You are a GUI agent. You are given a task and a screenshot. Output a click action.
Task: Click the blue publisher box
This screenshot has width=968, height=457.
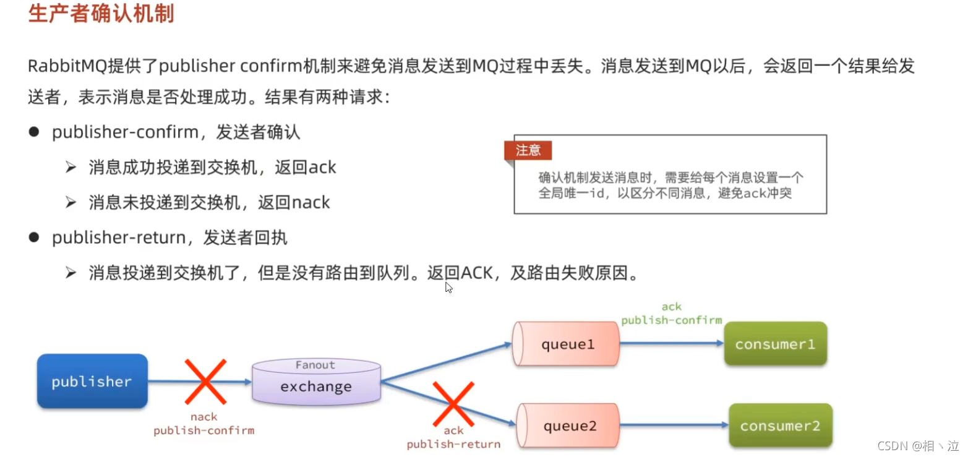point(92,382)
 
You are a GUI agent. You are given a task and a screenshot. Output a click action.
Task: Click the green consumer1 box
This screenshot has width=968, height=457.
point(775,344)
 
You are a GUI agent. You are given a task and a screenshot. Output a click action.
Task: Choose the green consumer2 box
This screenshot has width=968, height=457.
point(779,425)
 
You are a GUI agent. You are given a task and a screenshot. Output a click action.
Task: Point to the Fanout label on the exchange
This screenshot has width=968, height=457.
point(315,365)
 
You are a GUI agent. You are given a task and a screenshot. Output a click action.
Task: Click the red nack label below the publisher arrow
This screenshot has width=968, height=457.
point(203,417)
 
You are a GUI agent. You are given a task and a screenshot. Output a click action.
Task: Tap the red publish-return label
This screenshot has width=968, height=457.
point(453,444)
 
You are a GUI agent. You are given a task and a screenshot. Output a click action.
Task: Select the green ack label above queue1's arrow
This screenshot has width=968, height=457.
point(671,307)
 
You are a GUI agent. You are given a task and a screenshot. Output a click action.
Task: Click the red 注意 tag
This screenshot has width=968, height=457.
point(528,150)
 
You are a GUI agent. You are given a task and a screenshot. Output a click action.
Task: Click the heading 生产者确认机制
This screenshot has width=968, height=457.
point(101,14)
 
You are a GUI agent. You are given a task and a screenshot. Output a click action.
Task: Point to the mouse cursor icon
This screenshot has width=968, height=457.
point(448,287)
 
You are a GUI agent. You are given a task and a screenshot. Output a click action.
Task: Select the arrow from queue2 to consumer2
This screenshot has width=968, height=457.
point(674,425)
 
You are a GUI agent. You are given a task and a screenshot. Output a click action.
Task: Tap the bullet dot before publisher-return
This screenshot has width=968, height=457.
point(34,237)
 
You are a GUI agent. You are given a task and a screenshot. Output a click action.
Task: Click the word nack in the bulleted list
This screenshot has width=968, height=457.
point(310,202)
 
